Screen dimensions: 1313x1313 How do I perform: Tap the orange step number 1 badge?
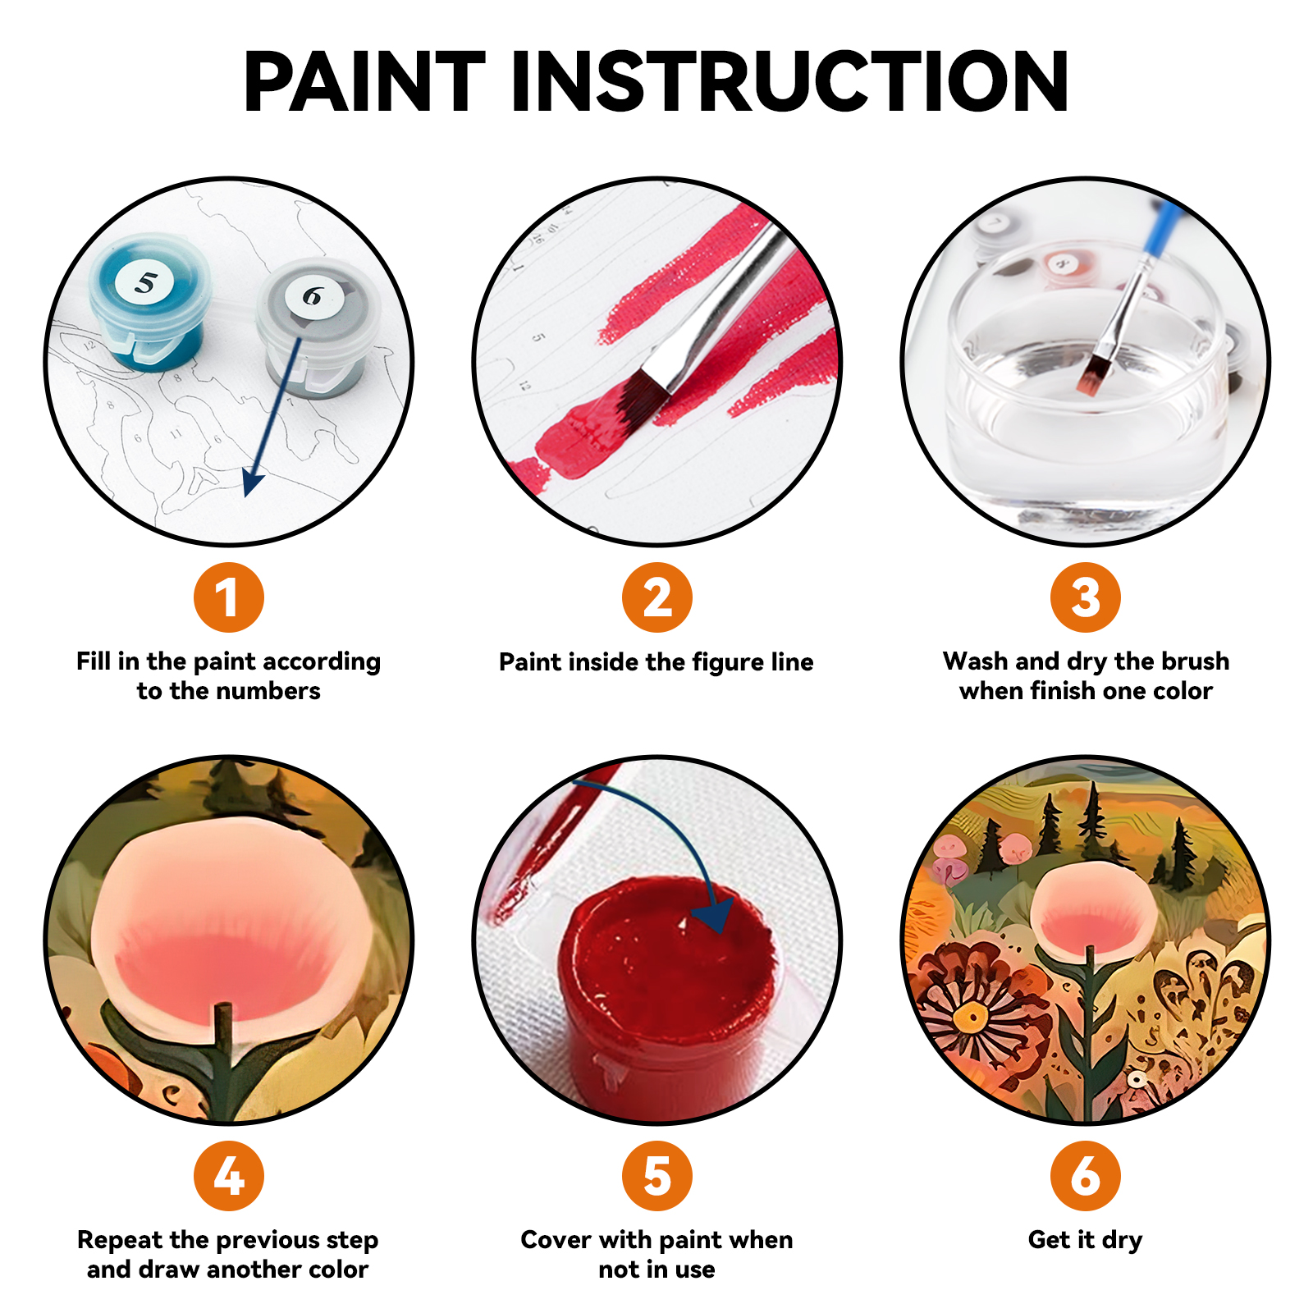228,597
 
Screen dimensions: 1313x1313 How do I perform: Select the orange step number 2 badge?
656,597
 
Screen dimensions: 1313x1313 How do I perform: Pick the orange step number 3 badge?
1085,597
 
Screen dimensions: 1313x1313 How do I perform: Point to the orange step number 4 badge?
228,1175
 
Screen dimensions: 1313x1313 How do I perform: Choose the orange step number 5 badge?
656,1175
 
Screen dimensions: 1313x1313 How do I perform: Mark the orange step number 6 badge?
1085,1175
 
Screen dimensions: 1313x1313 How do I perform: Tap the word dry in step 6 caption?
1121,1240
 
